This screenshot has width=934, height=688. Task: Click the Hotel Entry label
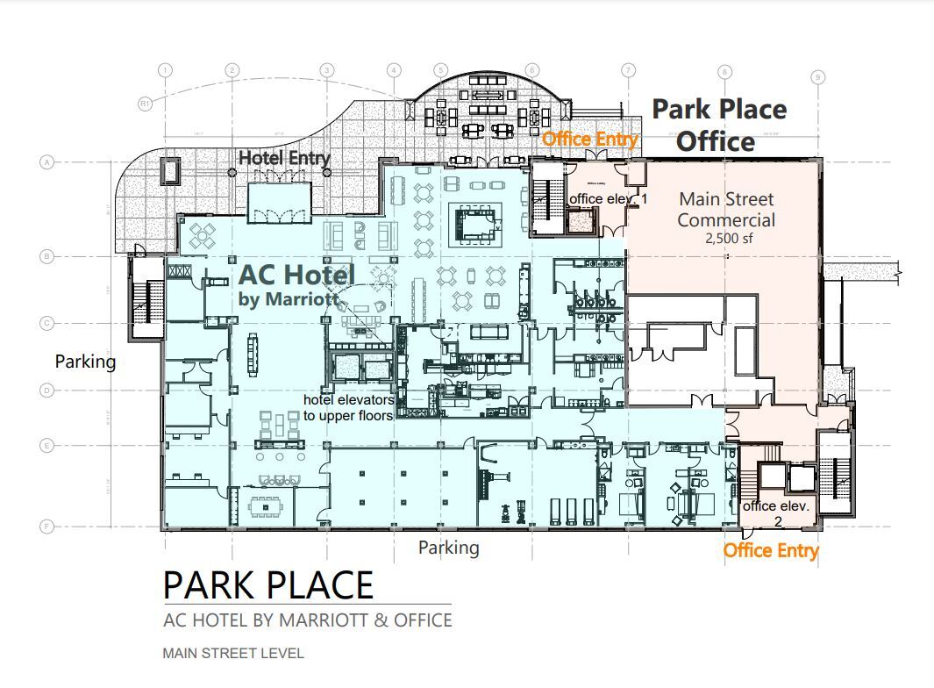[285, 159]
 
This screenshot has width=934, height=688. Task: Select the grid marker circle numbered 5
[440, 70]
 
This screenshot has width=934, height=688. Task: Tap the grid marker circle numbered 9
[817, 77]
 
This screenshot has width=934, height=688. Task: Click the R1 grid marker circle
[146, 104]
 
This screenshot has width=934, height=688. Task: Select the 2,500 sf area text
[729, 238]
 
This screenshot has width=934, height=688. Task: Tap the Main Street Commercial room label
[726, 210]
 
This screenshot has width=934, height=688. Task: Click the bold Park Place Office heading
[718, 125]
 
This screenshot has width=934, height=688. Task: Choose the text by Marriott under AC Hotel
[289, 300]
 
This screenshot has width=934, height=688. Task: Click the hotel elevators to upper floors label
[349, 407]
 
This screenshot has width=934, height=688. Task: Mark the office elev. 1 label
[608, 199]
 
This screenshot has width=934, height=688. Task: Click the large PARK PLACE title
[268, 585]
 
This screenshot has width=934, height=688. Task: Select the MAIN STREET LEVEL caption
[232, 653]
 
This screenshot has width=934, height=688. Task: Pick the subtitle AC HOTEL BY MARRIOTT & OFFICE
[308, 620]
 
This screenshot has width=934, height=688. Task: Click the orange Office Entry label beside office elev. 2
[770, 550]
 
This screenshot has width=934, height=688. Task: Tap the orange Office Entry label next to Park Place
[589, 140]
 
